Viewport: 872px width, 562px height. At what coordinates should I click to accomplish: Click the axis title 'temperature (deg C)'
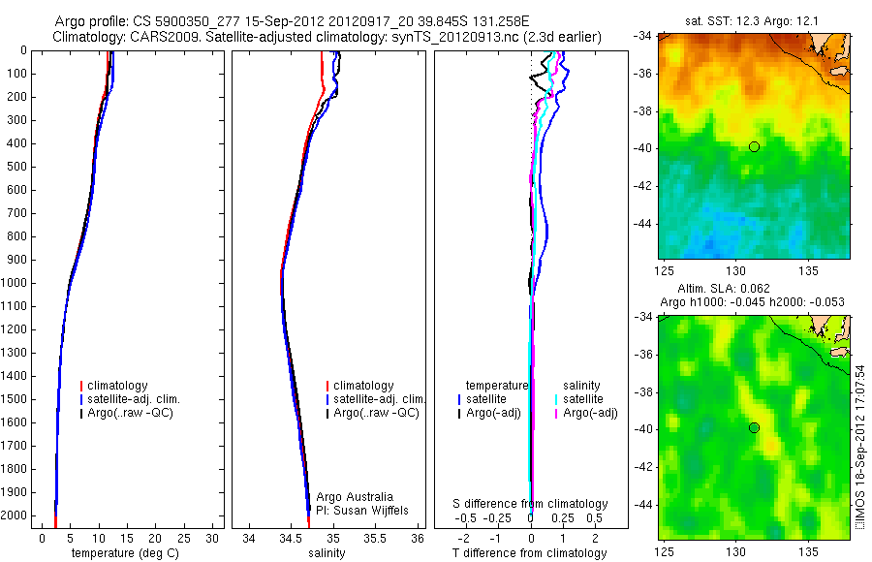coord(121,553)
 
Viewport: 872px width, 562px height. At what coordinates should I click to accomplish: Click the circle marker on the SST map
coord(754,146)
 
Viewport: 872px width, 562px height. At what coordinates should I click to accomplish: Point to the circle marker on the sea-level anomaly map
coord(754,427)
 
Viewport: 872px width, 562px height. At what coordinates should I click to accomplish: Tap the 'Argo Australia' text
coord(355,497)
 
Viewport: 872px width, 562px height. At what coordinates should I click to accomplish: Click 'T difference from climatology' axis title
coord(531,553)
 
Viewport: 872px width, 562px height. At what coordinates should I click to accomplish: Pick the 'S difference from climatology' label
coord(531,504)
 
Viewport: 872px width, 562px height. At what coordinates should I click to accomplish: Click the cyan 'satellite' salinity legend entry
coord(585,399)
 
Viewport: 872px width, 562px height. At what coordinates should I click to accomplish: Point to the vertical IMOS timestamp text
coord(859,446)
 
